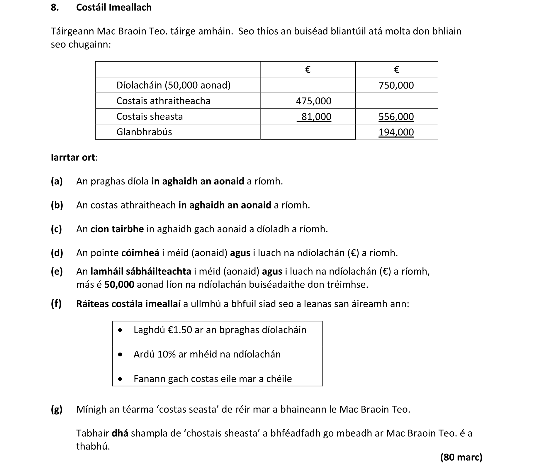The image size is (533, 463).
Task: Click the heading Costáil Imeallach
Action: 114,7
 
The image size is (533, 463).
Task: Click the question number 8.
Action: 55,7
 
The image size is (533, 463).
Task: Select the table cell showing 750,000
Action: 396,85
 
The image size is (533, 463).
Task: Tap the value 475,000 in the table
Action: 313,101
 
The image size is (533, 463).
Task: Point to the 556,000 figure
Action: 396,117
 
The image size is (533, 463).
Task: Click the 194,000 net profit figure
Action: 396,132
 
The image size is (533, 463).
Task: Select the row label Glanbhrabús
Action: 144,132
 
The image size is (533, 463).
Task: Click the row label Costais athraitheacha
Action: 163,101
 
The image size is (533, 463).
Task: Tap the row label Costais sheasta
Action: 150,116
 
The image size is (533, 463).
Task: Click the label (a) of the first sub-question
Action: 57,181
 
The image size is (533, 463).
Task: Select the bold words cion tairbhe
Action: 117,229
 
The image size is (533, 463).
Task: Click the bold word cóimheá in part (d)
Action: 140,253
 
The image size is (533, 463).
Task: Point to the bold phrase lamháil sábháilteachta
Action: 141,272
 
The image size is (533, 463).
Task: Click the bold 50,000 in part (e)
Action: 119,284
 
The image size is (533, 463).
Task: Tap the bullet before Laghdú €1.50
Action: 120,330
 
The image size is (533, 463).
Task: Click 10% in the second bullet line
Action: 166,355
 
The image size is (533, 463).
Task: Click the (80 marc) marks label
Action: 461,457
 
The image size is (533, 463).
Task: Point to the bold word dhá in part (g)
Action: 120,433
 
